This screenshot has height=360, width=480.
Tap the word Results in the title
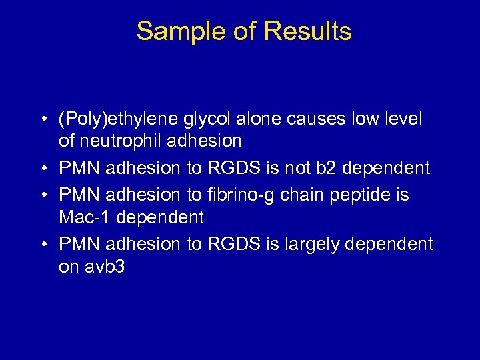point(307,31)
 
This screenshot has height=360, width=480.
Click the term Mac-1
point(81,217)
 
